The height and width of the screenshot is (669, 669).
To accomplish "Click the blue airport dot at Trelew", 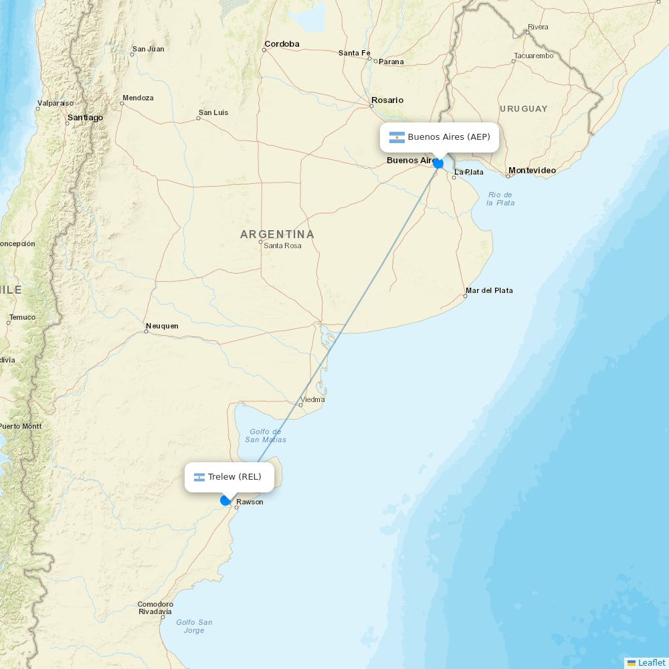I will point(225,500).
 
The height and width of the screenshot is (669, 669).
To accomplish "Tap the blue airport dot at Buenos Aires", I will point(438,163).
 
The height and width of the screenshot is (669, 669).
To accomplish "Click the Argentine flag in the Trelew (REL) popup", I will point(199,477).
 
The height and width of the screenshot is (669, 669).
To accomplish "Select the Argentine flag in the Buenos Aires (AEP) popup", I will point(397,137).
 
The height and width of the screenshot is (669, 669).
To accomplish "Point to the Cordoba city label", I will point(282,44).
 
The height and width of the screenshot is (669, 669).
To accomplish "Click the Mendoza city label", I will point(138,98).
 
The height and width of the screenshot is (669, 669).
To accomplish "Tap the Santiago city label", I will point(86,118).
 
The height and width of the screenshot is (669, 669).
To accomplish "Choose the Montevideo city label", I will point(532,171).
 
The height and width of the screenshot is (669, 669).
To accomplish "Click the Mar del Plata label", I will point(489,290).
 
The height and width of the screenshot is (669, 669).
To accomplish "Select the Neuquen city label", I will point(163,326).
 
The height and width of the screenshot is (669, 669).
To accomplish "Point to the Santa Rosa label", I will point(282,246).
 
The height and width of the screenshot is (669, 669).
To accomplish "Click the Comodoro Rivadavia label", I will point(155,607).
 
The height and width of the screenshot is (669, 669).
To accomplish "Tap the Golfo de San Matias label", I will point(266,436).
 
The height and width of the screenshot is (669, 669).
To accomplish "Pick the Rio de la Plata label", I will point(500,198).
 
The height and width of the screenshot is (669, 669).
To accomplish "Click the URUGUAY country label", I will point(523,108).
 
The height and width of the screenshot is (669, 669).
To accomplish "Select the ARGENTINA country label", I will point(277,234).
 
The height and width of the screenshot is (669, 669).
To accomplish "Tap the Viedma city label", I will point(312,399).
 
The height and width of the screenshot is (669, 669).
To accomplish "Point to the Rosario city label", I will point(387,100).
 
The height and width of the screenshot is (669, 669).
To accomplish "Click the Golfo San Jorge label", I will point(194,626).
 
